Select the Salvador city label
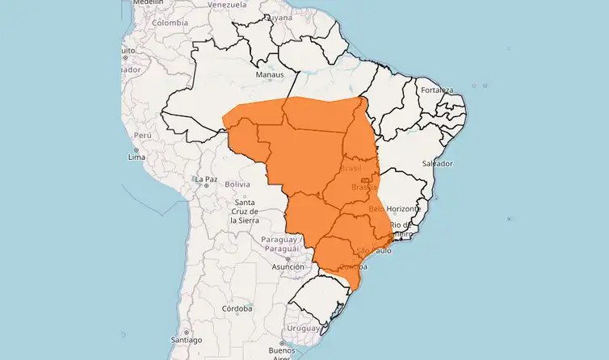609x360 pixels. pos(436,163)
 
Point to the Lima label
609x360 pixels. pos(136,157)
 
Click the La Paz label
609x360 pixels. pos(206,178)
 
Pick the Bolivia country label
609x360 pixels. pos(237,184)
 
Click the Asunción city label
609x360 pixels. pos(288,266)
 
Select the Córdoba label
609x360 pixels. pos(237,308)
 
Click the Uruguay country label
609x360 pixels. pos(304,328)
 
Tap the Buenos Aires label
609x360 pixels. pos(282,354)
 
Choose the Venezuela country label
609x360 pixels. pos(227,4)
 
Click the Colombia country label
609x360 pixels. pos(170,23)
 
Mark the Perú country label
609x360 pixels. pos(143,135)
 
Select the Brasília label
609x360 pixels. pos(365,187)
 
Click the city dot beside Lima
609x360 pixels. pos(137,149)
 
